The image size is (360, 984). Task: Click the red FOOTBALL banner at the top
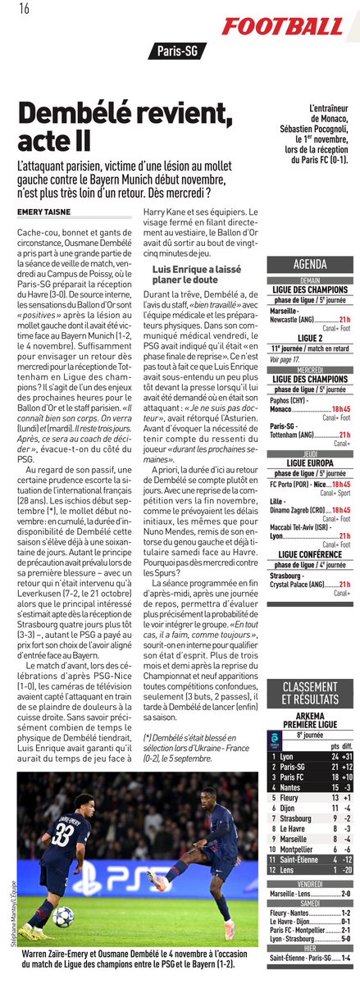pyautogui.click(x=282, y=26)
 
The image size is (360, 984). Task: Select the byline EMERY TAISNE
pyautogui.click(x=43, y=212)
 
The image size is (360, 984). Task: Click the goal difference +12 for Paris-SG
pyautogui.click(x=347, y=766)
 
